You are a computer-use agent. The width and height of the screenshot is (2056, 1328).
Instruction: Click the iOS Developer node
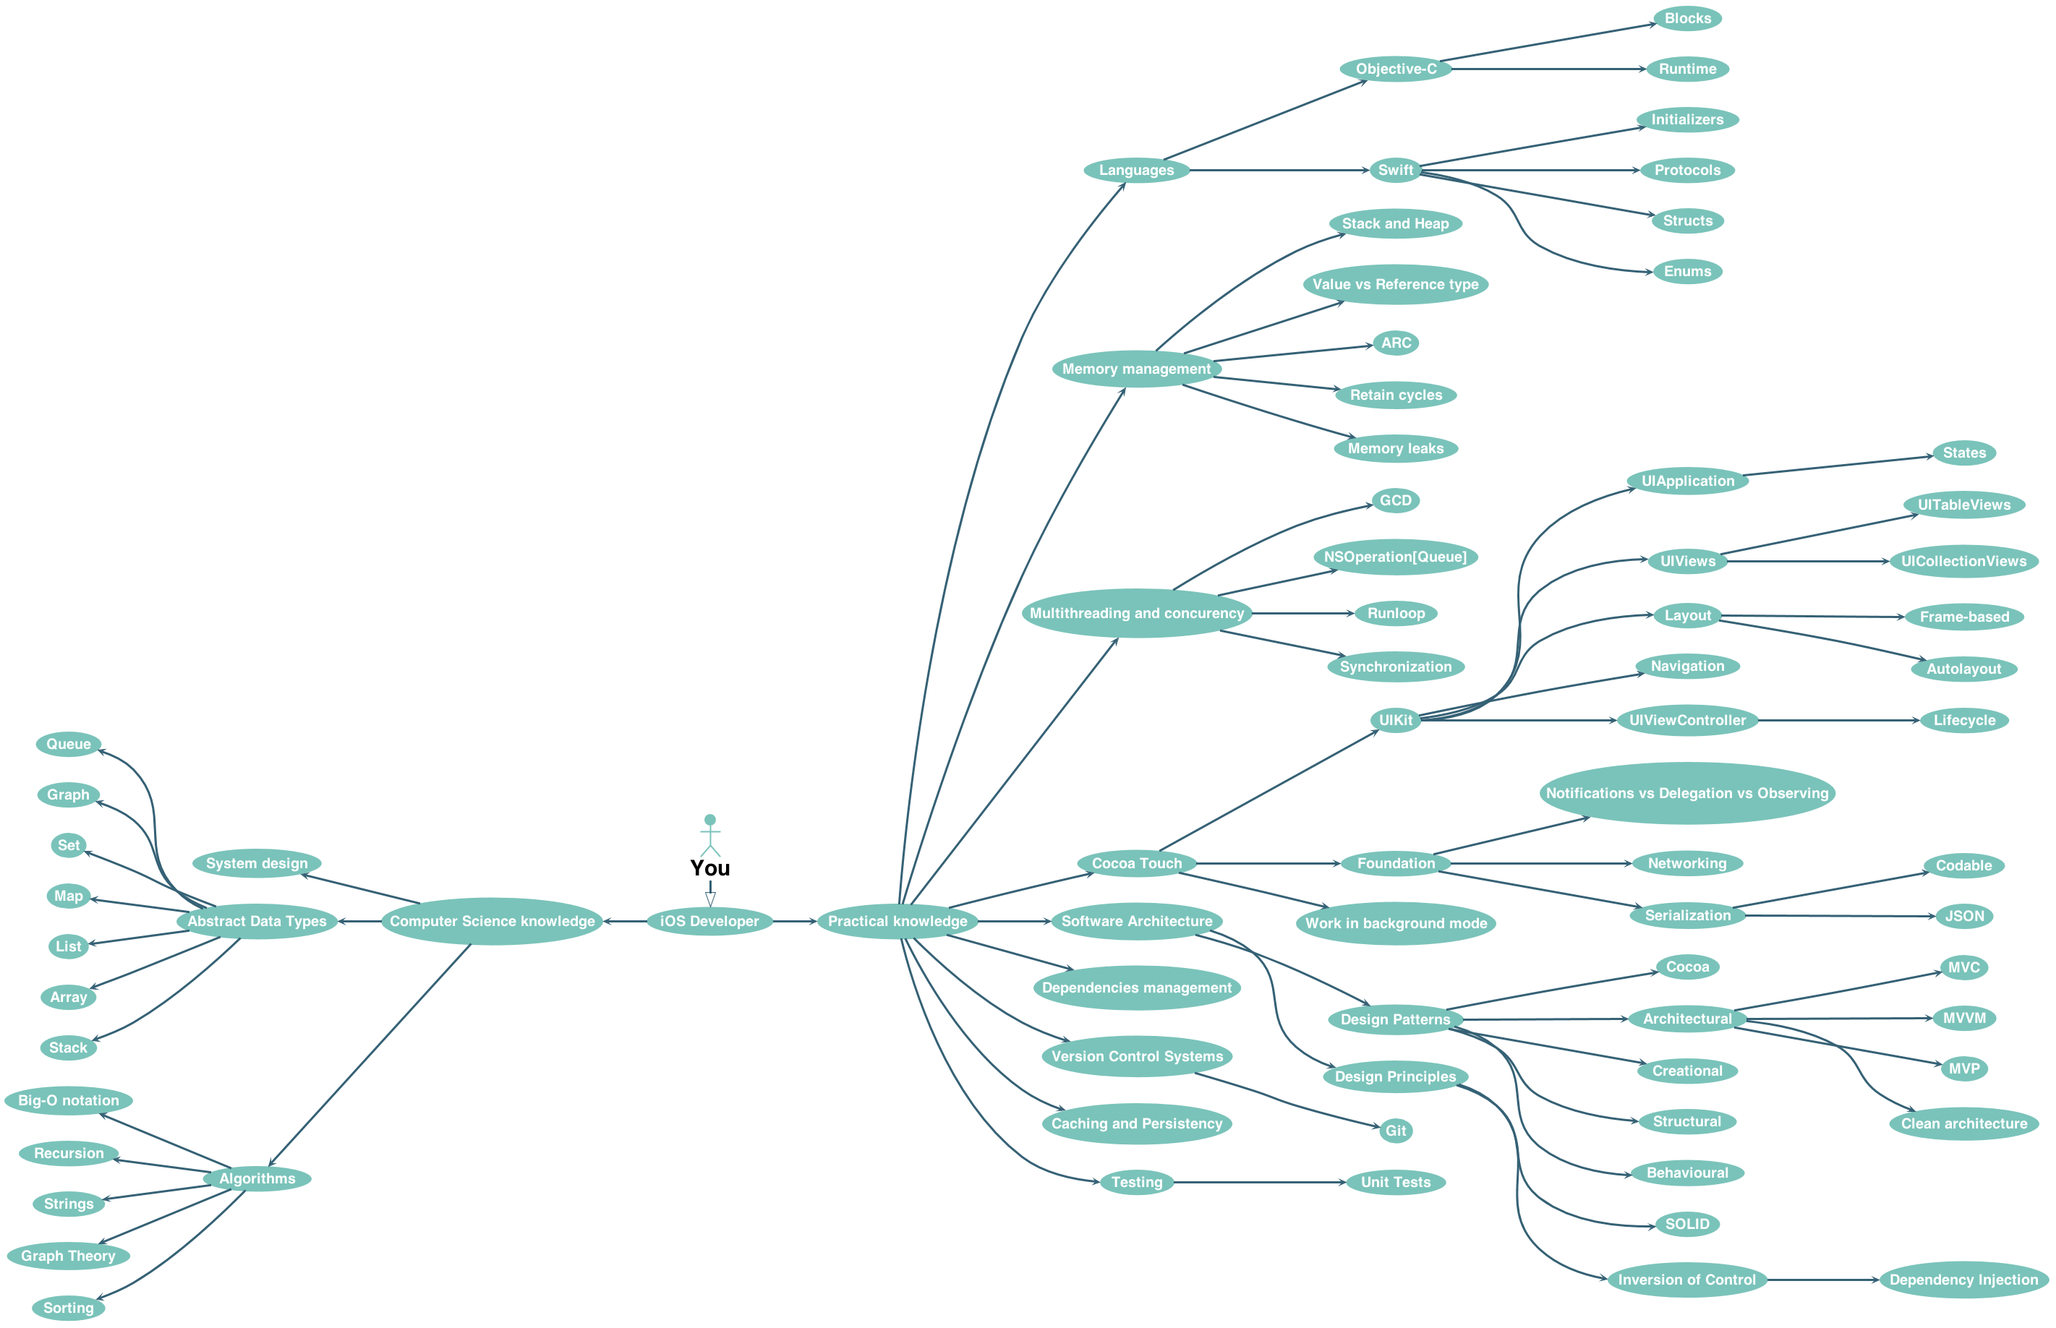point(709,921)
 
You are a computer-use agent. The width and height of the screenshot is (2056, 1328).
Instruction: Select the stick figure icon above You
point(709,835)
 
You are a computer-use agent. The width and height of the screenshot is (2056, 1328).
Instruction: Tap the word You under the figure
point(709,868)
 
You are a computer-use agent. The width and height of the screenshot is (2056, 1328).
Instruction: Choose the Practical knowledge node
point(897,921)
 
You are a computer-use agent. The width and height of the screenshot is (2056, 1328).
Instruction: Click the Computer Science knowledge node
point(492,921)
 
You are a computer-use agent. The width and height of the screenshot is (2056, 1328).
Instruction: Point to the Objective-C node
point(1396,69)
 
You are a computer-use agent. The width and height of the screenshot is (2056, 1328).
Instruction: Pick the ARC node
point(1396,343)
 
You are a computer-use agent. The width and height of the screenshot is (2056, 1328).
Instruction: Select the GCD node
point(1396,500)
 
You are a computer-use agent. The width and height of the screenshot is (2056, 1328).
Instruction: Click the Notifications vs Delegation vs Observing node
point(1686,793)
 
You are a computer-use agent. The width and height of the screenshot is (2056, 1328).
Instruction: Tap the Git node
point(1396,1131)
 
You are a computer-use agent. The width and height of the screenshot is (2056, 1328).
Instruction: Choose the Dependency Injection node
point(1963,1280)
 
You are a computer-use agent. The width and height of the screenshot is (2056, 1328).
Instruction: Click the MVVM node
point(1963,1019)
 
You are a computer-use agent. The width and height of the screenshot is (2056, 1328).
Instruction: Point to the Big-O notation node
point(69,1100)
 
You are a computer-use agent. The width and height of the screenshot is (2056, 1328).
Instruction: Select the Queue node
point(69,744)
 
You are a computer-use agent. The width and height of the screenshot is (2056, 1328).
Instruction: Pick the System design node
point(256,863)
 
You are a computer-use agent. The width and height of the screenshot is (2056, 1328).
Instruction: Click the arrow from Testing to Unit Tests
point(1259,1182)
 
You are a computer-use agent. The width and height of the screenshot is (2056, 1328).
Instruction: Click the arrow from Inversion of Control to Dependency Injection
point(1822,1280)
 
